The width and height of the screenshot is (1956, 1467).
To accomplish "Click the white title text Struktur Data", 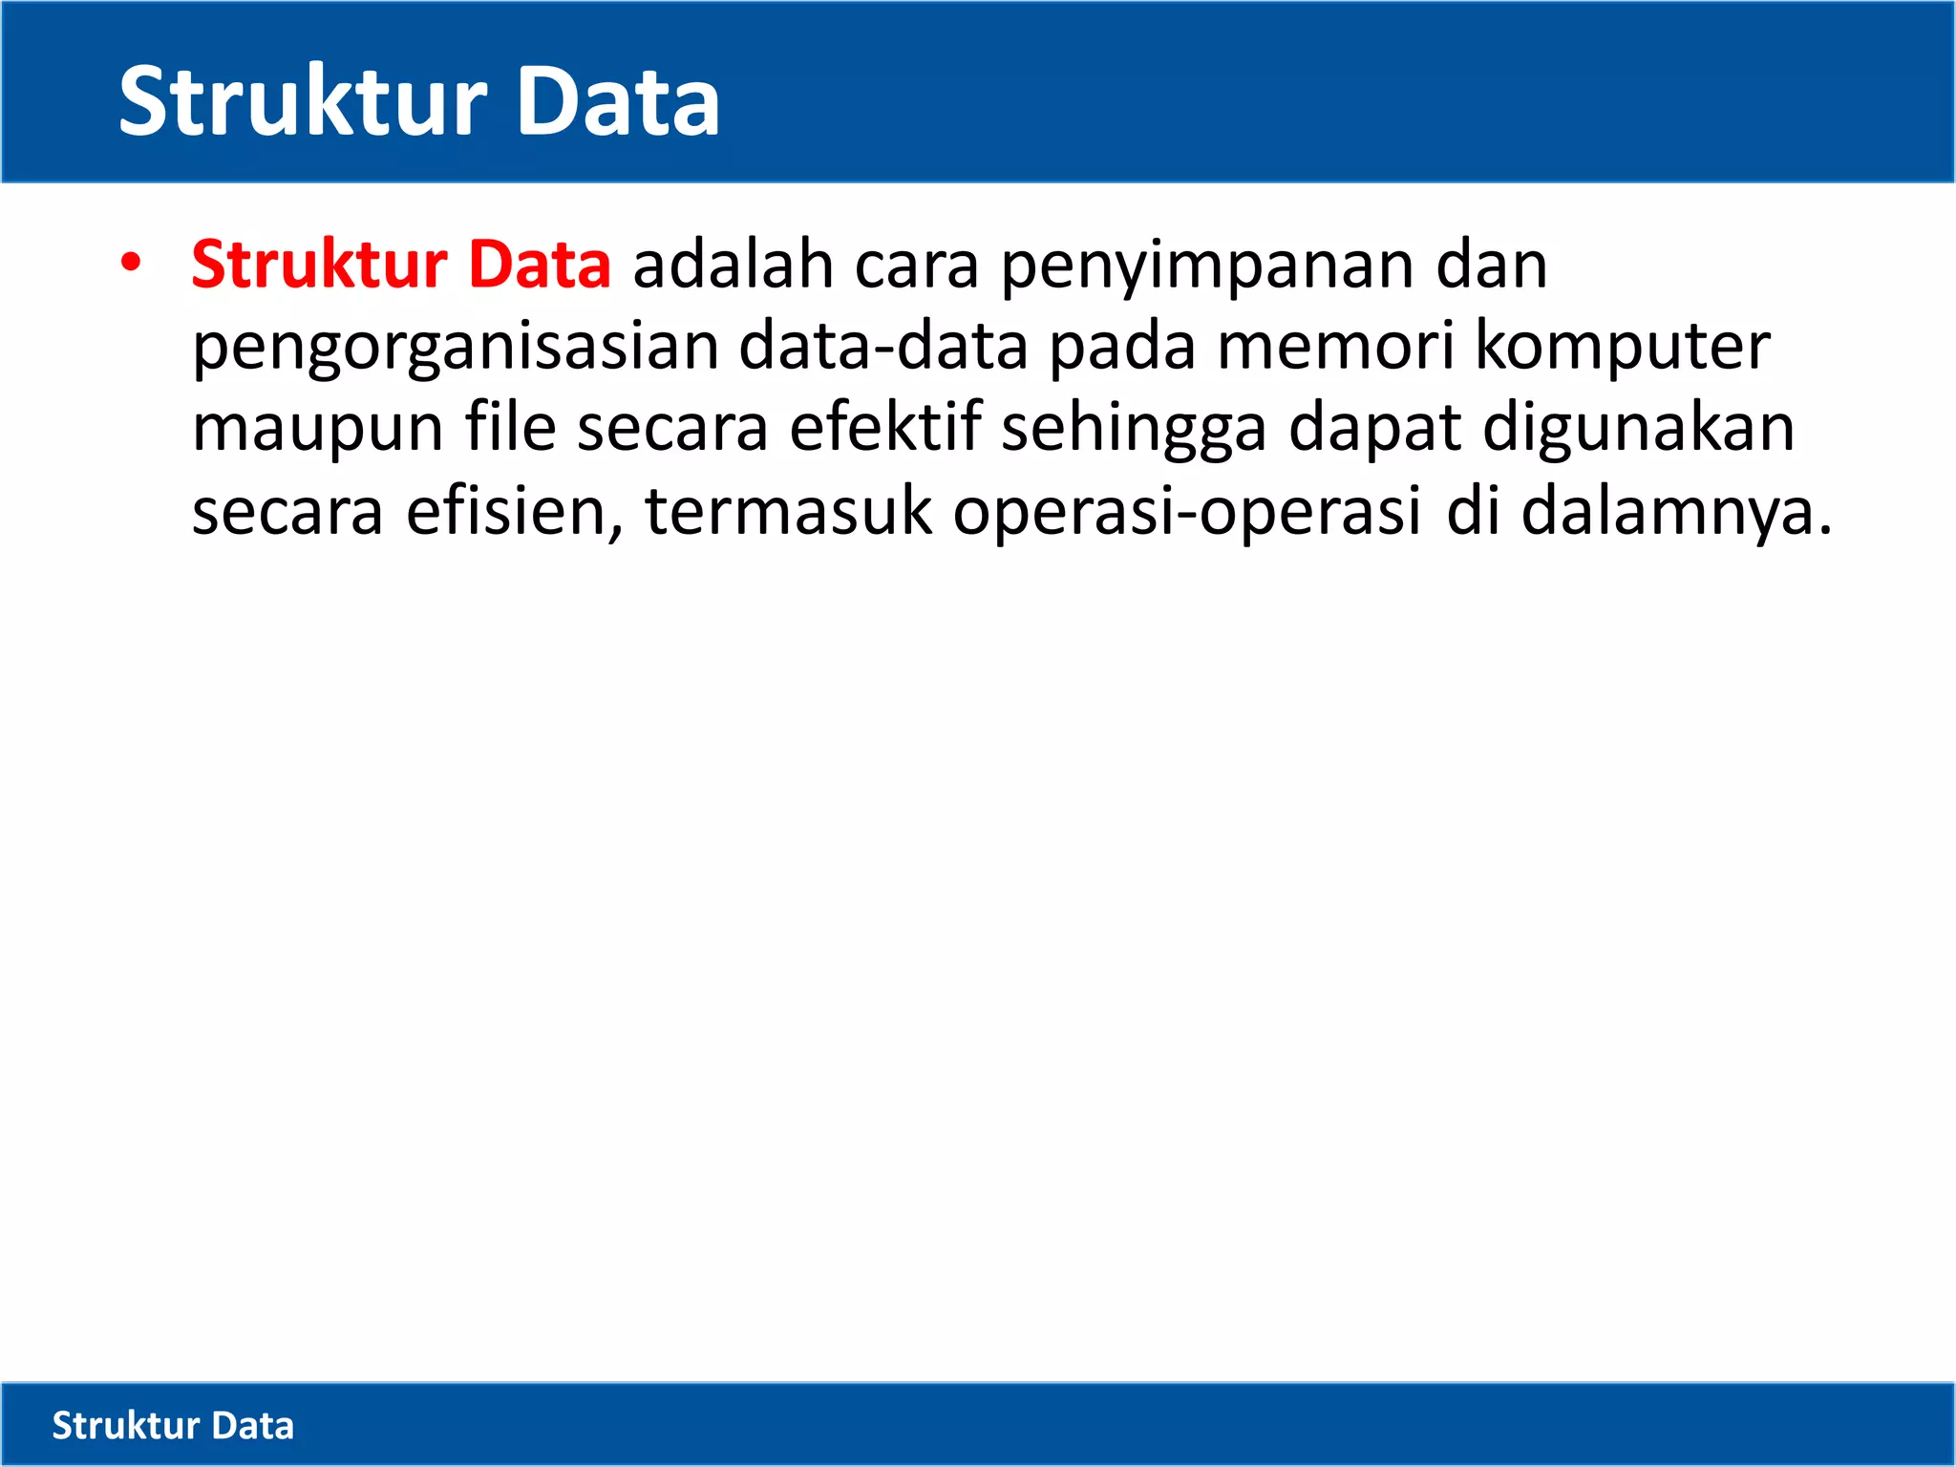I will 418,101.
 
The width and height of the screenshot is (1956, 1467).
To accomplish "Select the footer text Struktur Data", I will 173,1425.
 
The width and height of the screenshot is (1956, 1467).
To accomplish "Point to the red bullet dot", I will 131,263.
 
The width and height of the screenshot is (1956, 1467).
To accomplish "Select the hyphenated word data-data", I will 883,346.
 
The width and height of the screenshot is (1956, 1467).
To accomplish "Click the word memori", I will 1335,346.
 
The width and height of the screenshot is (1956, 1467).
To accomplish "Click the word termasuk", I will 788,511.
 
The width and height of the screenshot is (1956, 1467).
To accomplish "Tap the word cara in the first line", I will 917,266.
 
